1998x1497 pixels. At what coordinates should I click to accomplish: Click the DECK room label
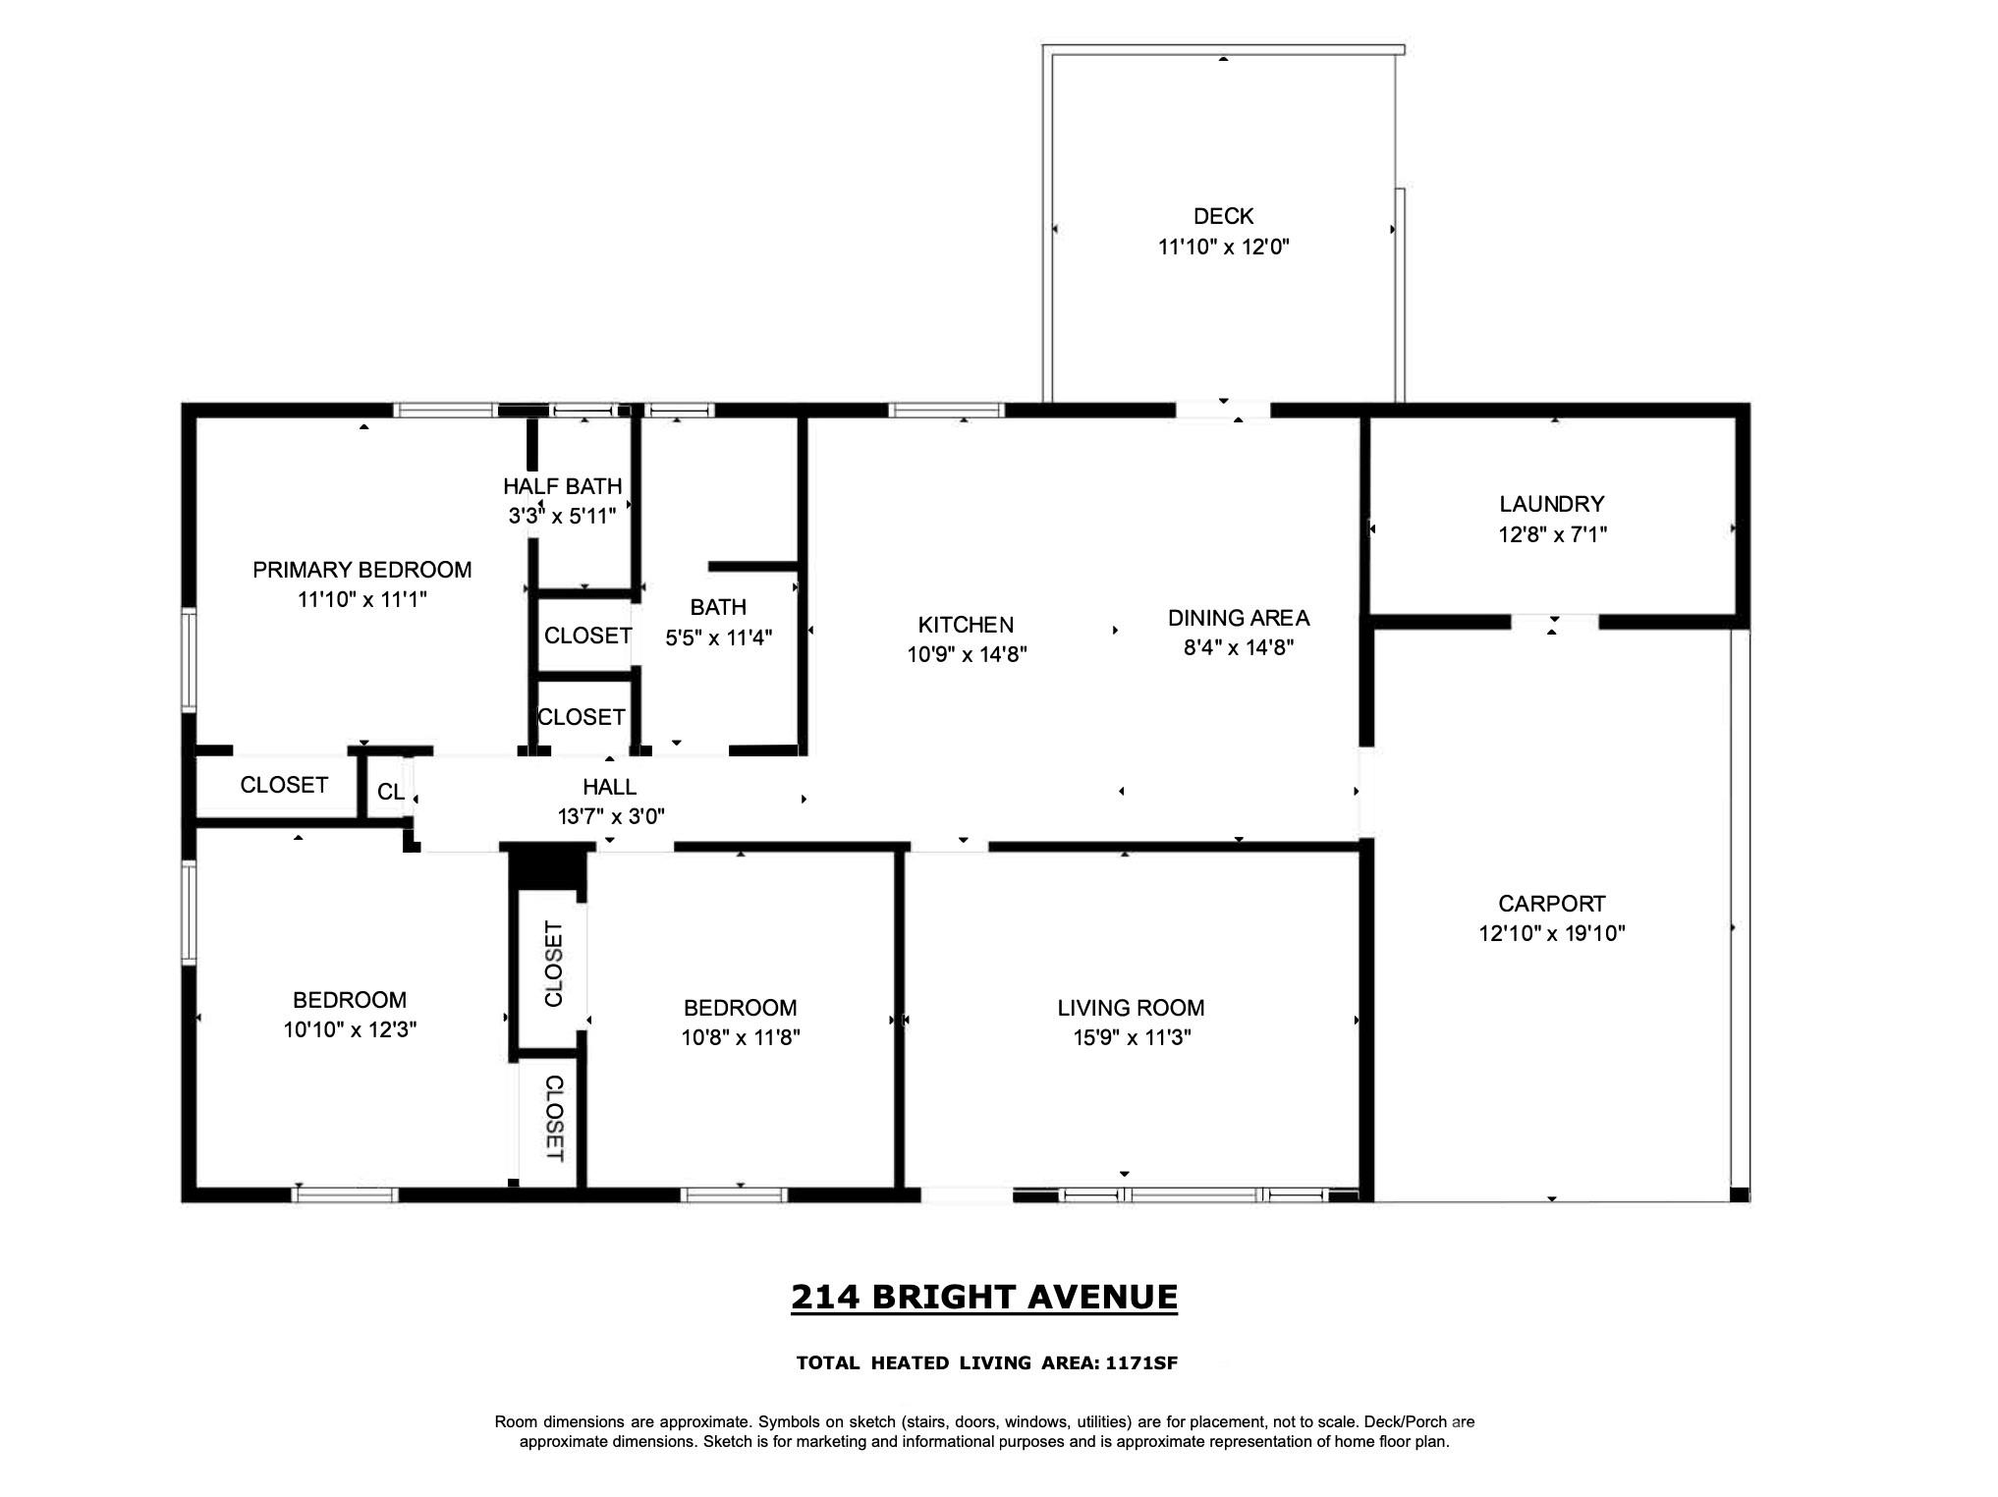(1223, 216)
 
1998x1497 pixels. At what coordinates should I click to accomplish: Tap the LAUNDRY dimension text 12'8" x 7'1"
(1552, 534)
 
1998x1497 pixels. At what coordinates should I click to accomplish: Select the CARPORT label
(1551, 904)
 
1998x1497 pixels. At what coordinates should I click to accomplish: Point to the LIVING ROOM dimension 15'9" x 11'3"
(1132, 1037)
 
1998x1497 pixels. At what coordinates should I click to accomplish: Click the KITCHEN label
(966, 625)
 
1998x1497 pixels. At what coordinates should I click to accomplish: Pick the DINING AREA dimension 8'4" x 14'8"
(1238, 647)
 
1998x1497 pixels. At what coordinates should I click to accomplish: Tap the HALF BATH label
(562, 486)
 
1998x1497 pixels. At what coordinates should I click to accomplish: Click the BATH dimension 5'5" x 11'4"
(718, 638)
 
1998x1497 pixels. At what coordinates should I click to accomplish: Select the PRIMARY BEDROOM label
(361, 570)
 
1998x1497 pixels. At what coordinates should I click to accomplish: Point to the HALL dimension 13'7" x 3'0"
(611, 816)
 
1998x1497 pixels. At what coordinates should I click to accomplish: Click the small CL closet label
(390, 792)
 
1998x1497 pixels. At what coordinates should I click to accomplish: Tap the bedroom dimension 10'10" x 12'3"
(350, 1029)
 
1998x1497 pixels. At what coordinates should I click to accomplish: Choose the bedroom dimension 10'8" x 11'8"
(740, 1037)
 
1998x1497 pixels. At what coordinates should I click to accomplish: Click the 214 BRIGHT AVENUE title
(983, 1297)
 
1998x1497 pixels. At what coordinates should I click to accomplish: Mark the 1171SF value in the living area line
(1141, 1363)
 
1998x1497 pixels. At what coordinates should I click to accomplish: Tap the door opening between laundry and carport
(1554, 622)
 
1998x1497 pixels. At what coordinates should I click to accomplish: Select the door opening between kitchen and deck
(1223, 411)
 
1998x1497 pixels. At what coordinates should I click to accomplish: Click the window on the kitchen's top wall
(946, 411)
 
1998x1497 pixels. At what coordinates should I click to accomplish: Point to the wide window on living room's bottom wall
(1193, 1195)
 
